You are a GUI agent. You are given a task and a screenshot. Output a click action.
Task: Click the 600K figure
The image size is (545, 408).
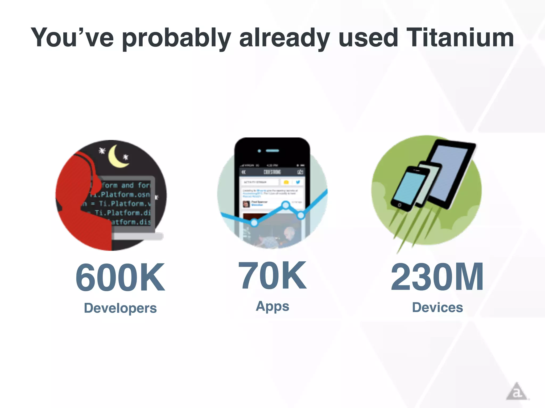pos(120,277)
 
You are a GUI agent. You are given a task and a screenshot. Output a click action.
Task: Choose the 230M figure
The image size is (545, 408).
pos(437,277)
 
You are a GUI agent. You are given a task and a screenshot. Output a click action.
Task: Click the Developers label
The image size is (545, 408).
pos(120,308)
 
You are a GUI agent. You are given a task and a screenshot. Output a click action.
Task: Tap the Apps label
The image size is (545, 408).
pos(272,306)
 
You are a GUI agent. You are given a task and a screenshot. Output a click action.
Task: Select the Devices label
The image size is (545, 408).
pos(437,308)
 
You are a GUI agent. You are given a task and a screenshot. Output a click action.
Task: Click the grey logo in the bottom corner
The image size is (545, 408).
pos(516,392)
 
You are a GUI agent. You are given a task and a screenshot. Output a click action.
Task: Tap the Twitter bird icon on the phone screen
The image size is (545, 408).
pos(298,182)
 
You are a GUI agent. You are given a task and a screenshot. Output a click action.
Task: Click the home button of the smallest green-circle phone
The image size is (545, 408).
pos(399,205)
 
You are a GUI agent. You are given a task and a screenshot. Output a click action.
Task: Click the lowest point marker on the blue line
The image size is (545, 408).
pos(254,223)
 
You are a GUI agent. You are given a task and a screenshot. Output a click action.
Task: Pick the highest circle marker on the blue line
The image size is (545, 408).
pos(286,205)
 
